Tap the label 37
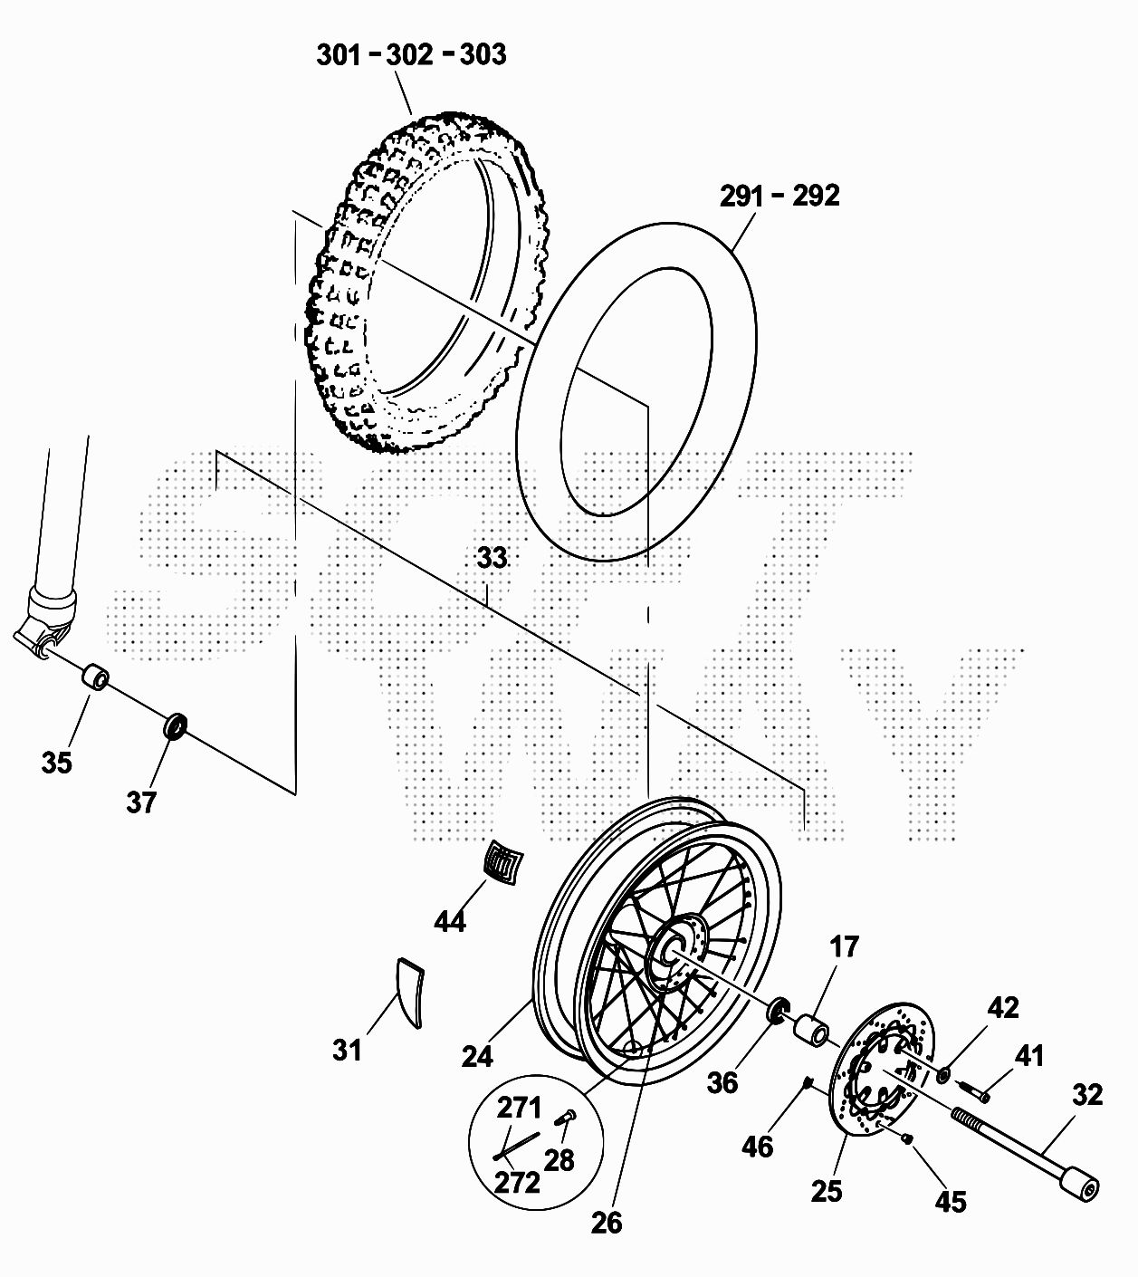(141, 802)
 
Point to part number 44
(450, 921)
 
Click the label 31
(348, 1050)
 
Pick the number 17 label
(845, 946)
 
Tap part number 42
(1003, 1008)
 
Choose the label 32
(1087, 1095)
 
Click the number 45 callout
(951, 1202)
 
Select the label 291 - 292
(780, 196)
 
